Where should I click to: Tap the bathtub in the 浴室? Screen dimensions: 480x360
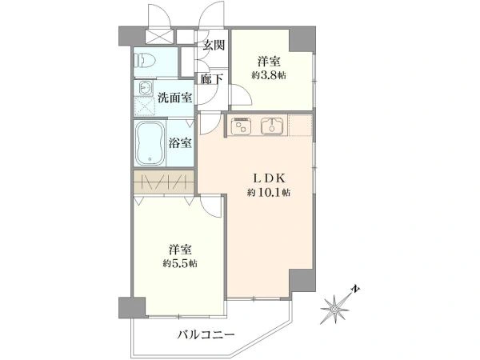coord(150,144)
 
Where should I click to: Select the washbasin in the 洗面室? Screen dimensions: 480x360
coord(144,88)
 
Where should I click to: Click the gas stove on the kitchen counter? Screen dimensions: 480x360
coord(241,126)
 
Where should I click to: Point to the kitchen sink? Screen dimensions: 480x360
coord(271,126)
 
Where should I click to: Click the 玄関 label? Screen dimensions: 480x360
coord(214,46)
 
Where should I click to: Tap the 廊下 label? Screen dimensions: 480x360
coord(211,79)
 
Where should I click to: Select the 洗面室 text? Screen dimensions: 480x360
coord(174,98)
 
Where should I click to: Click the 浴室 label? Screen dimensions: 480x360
coord(180,142)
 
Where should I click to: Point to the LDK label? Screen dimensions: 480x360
coord(269,178)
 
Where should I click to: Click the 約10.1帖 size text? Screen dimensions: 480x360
coord(269,193)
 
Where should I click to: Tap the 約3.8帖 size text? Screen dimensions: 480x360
coord(269,76)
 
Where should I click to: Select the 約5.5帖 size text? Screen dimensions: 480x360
coord(180,263)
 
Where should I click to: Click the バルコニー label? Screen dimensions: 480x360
coord(206,334)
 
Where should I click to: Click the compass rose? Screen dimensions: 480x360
coord(335,309)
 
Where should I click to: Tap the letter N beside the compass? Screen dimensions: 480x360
coord(355,289)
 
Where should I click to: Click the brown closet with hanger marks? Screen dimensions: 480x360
coord(164,182)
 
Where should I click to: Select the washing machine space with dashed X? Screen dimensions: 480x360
coord(145,106)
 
